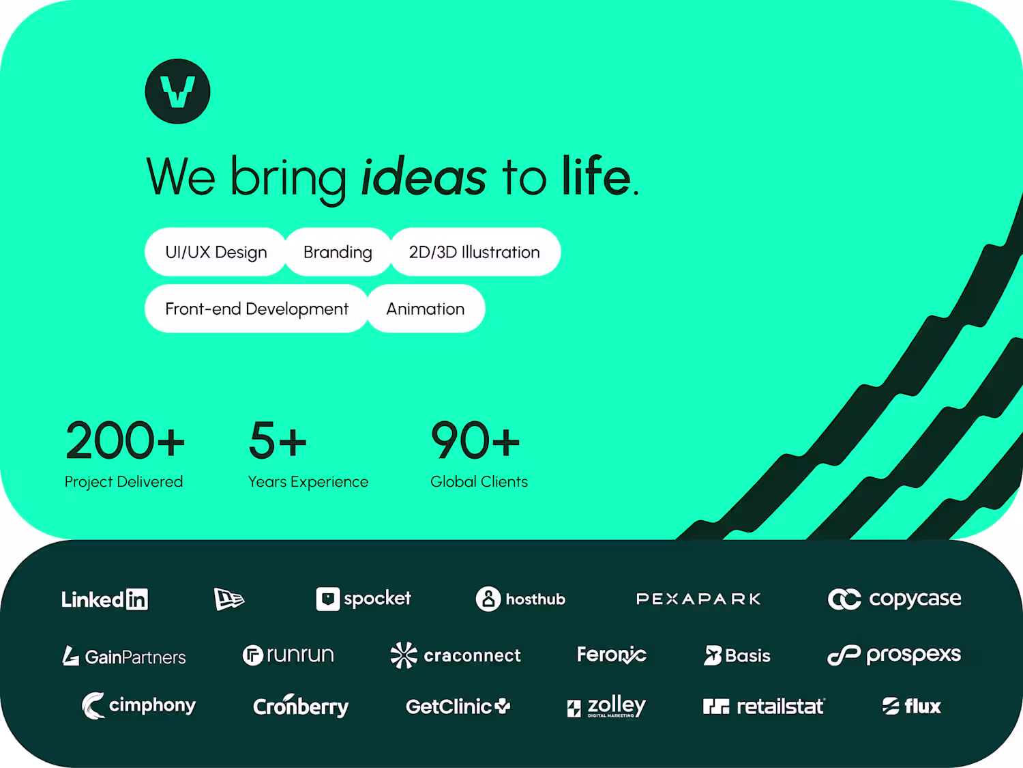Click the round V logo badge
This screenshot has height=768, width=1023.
[x=177, y=91]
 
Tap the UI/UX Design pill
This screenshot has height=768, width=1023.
[x=216, y=252]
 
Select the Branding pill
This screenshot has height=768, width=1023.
[x=338, y=252]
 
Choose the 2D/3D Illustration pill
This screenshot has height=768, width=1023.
[x=475, y=252]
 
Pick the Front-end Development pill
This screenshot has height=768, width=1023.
[x=257, y=309]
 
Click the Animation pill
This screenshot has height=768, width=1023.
[x=426, y=309]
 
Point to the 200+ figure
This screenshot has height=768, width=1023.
[x=125, y=440]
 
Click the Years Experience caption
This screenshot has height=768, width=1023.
[x=308, y=481]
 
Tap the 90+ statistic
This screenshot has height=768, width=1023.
[x=475, y=440]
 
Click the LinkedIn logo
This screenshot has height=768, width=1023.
[x=105, y=599]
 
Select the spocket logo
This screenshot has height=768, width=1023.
[x=364, y=599]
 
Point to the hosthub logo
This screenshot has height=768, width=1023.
[x=520, y=599]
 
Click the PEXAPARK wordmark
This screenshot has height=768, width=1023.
[x=698, y=599]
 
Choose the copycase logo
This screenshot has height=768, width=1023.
[x=894, y=599]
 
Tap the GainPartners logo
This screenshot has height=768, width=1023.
[x=124, y=656]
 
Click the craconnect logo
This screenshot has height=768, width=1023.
[x=456, y=655]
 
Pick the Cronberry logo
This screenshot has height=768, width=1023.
[x=301, y=706]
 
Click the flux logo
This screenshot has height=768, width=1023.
[x=912, y=706]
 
